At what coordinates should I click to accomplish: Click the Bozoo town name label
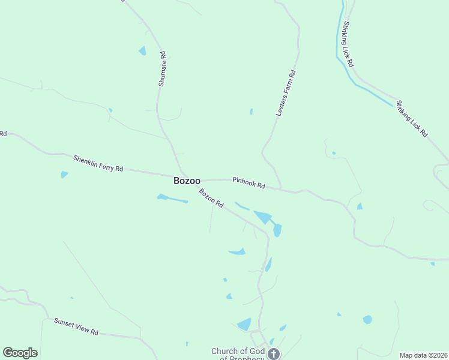tap(187, 180)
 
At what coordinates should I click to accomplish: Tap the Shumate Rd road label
tap(161, 69)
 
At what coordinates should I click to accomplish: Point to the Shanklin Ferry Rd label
tap(98, 164)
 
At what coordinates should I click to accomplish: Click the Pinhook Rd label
tap(249, 183)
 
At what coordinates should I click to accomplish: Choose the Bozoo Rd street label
tap(211, 199)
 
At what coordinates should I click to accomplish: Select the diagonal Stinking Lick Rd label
tap(411, 118)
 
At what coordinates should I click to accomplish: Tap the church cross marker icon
tap(274, 354)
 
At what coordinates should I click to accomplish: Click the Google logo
tap(20, 353)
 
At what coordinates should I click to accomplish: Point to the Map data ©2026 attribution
tap(424, 355)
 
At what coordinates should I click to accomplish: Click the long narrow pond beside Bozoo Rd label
tap(172, 198)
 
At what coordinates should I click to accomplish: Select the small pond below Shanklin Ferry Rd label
tap(64, 175)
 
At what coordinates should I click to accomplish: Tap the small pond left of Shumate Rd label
tap(142, 51)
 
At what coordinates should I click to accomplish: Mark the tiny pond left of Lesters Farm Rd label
tap(251, 111)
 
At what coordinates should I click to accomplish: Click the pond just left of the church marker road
tap(244, 325)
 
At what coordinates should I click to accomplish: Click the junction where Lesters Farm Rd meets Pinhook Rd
tap(281, 189)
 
